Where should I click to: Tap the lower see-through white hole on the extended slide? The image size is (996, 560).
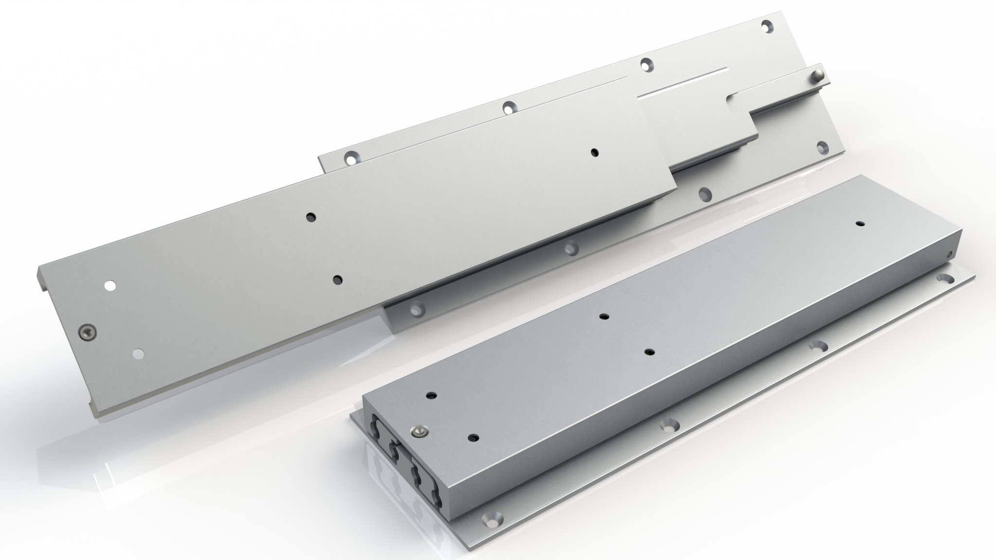point(139,354)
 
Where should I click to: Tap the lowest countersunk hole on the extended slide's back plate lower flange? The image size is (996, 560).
point(416,309)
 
